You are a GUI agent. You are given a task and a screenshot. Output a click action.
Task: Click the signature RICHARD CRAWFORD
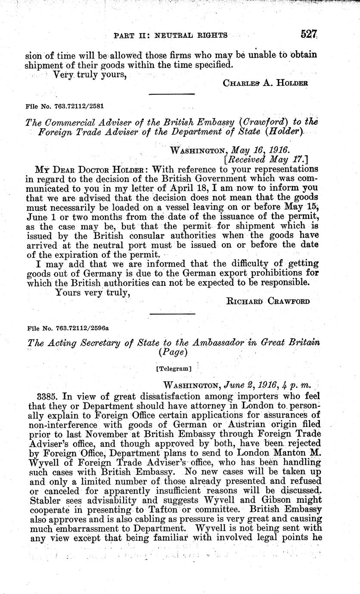click(267, 301)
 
